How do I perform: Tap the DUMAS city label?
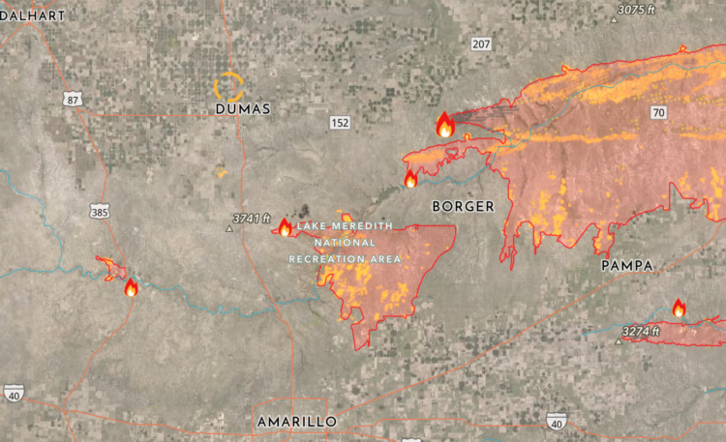pyautogui.click(x=243, y=109)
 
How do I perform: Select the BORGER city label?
pyautogui.click(x=463, y=206)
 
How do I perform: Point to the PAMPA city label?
pyautogui.click(x=627, y=265)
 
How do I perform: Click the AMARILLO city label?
pyautogui.click(x=296, y=422)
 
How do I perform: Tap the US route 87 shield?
pyautogui.click(x=71, y=99)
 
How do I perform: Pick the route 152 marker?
pyautogui.click(x=339, y=122)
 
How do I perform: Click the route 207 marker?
pyautogui.click(x=482, y=44)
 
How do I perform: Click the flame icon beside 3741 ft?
pyautogui.click(x=285, y=227)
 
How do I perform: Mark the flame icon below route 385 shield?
pyautogui.click(x=131, y=286)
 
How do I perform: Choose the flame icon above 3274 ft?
pyautogui.click(x=679, y=308)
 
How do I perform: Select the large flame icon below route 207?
pyautogui.click(x=445, y=124)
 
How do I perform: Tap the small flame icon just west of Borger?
pyautogui.click(x=410, y=179)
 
